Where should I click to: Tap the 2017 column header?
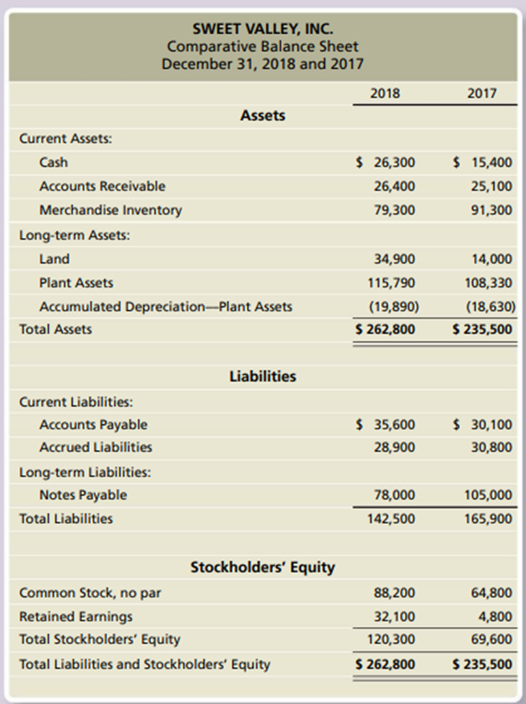(482, 92)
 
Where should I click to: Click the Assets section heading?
(263, 116)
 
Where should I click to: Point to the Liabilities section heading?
(263, 376)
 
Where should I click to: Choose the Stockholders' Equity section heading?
(263, 568)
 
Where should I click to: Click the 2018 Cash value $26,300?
(386, 162)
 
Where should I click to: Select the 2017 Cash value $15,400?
(483, 162)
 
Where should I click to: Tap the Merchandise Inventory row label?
(110, 210)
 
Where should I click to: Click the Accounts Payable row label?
(93, 424)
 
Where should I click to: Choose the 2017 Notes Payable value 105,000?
(488, 495)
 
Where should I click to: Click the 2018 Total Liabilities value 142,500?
(392, 519)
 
